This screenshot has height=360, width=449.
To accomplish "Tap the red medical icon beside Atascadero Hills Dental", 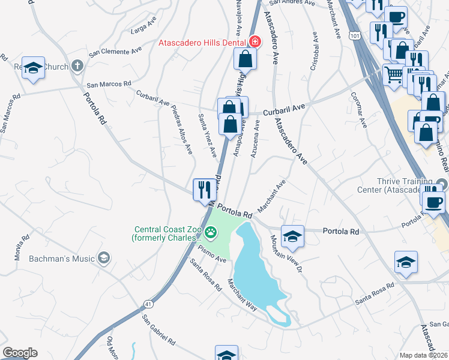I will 255,42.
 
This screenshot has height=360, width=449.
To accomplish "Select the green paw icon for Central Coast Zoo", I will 211,232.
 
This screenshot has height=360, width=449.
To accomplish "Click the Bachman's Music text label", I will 63,259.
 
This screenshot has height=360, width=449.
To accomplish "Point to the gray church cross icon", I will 77,65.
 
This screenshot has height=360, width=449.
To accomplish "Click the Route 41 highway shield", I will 147,304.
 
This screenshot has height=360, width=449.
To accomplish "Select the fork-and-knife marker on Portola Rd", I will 205,190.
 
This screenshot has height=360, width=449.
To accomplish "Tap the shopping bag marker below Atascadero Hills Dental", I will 246,58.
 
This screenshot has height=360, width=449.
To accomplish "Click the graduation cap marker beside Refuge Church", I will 34,68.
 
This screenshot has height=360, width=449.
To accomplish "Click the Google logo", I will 20,353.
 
